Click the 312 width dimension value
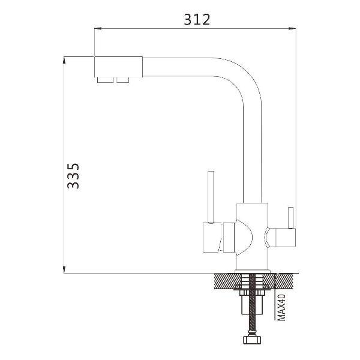197,20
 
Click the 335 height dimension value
73,176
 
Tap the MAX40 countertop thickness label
281,307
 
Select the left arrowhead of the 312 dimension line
98,28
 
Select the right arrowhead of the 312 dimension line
292,28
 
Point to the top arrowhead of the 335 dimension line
64,61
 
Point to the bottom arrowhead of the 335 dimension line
64,270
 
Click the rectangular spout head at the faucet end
118,67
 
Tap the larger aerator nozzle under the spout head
105,80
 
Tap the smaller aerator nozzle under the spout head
123,80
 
